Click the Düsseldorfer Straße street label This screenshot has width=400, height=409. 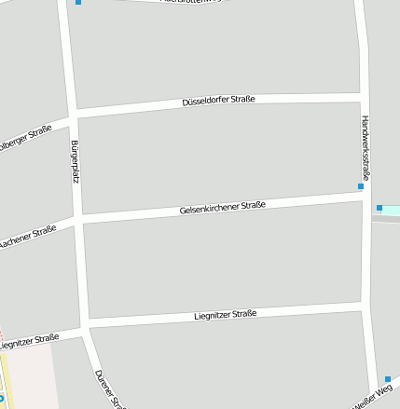[218, 100]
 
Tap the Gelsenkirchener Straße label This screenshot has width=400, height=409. [223, 208]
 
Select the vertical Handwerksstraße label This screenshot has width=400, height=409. [366, 147]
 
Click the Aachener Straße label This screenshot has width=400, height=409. [27, 237]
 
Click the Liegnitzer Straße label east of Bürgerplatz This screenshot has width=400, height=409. [225, 315]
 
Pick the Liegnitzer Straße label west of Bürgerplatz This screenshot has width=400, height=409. [30, 341]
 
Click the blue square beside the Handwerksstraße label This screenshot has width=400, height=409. [361, 187]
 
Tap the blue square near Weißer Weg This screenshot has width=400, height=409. [388, 379]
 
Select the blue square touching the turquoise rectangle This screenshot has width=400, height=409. [379, 208]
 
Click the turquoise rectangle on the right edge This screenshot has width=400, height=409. [391, 211]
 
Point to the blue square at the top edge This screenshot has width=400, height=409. [78, 2]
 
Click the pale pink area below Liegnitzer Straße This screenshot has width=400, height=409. [28, 377]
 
